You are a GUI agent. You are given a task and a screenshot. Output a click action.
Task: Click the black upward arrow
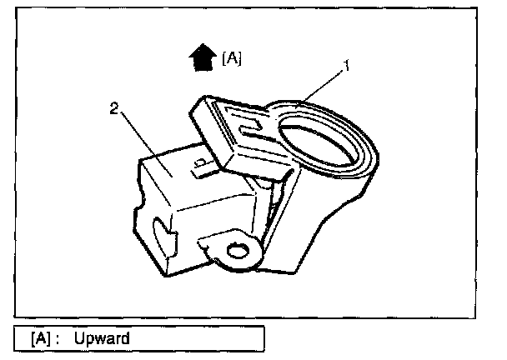(x=202, y=58)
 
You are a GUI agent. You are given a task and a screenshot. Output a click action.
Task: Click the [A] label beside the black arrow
(x=232, y=59)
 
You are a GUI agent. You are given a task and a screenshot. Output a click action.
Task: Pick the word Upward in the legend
(x=101, y=339)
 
